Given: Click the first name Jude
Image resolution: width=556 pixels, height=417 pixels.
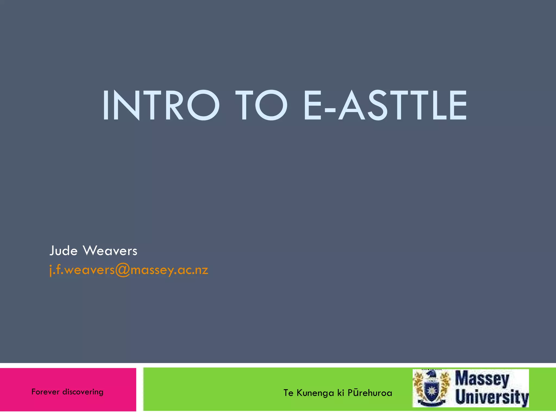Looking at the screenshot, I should click(x=64, y=251).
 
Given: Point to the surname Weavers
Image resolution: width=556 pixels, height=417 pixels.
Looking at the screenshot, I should click(x=110, y=251).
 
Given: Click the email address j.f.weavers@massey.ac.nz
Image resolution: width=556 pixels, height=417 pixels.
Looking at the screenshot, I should click(x=129, y=270).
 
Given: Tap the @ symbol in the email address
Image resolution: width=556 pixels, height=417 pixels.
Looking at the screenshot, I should click(x=123, y=270).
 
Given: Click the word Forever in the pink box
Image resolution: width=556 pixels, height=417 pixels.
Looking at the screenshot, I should click(x=45, y=392).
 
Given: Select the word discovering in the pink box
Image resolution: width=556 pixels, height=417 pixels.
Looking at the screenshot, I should click(x=83, y=392).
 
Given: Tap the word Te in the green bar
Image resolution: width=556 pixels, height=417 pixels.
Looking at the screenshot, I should click(x=288, y=393).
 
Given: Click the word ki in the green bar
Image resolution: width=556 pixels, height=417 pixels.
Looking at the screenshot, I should click(x=341, y=393).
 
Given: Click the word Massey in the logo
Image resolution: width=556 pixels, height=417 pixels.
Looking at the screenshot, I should click(x=482, y=379).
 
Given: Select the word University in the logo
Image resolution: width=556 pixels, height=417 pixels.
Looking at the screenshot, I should click(x=492, y=397).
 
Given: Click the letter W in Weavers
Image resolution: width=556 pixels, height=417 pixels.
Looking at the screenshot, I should click(x=89, y=251).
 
